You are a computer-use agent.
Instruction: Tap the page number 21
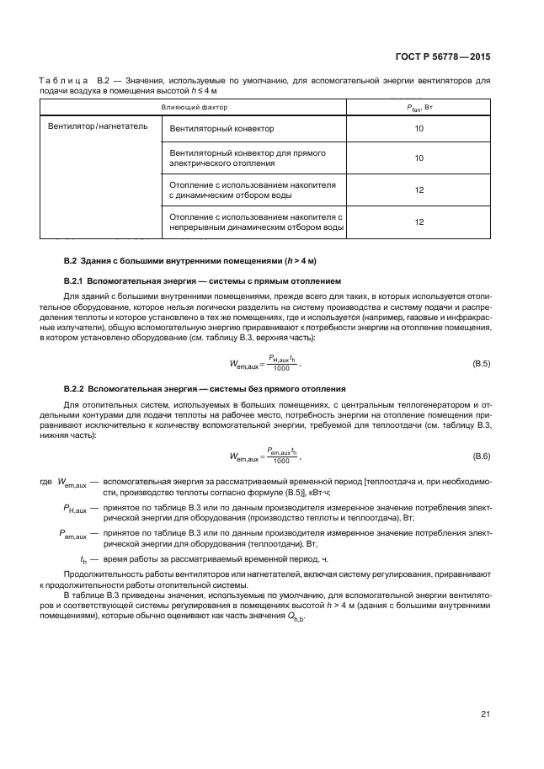pyautogui.click(x=485, y=715)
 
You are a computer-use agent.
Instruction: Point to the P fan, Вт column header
pyautogui.click(x=419, y=108)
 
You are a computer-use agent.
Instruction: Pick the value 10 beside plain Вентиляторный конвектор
pyautogui.click(x=419, y=130)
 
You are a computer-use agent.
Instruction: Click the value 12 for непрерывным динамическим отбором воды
pyautogui.click(x=419, y=222)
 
